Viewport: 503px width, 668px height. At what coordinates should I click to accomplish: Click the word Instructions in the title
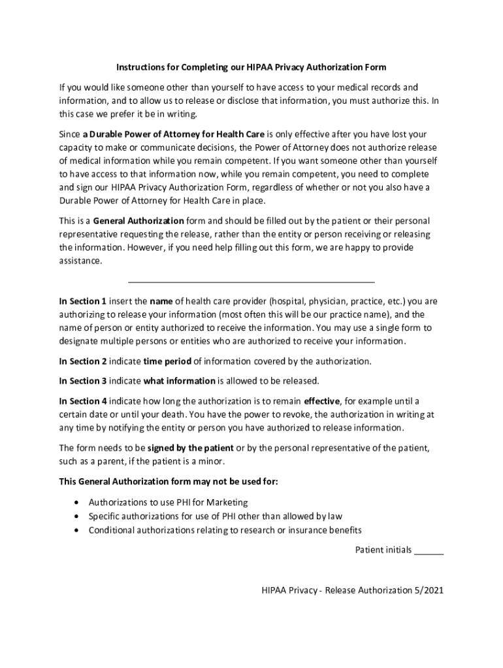click(138, 67)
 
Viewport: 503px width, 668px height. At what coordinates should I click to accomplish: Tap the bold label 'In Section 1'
click(83, 301)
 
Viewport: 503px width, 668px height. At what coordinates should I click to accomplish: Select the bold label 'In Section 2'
click(83, 361)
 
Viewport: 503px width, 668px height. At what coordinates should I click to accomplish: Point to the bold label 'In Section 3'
click(83, 381)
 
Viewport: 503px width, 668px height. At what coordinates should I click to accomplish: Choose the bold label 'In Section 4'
click(83, 401)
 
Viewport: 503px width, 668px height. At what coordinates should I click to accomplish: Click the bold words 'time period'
click(168, 361)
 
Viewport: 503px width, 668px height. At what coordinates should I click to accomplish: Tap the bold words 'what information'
click(179, 381)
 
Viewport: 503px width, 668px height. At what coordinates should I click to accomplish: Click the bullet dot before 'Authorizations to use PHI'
click(78, 503)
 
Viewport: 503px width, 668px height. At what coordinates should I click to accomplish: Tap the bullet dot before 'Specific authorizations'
click(78, 516)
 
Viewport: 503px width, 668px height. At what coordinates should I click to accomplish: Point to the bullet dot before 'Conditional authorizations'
click(78, 530)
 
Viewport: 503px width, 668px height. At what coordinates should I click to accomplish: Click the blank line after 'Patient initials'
click(429, 551)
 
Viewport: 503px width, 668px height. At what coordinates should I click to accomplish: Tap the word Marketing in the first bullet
click(225, 502)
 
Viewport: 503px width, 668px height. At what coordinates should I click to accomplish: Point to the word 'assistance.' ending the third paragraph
click(81, 261)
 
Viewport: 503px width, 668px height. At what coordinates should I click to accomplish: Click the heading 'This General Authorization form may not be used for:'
click(169, 481)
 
